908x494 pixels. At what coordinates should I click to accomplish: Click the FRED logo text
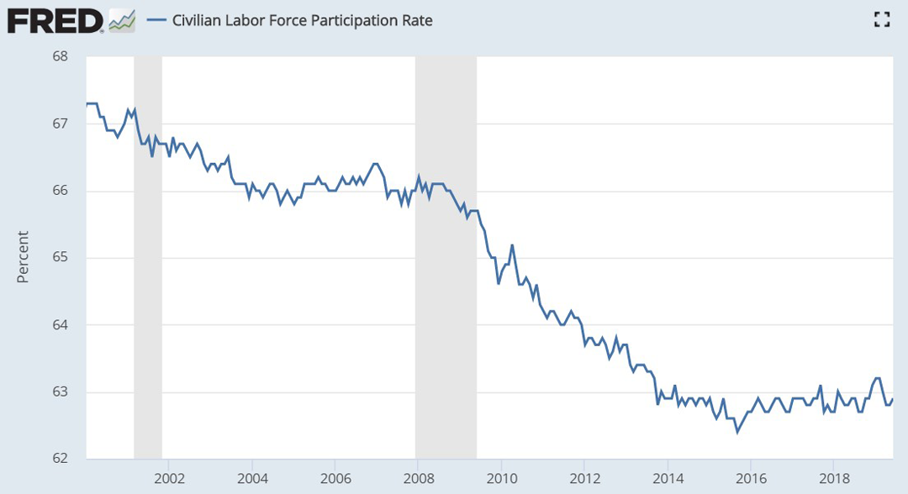coord(55,20)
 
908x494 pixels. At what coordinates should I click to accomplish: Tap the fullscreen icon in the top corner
coord(881,20)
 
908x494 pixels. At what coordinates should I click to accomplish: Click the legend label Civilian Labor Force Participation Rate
coord(302,20)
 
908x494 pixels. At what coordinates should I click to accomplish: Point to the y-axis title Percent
coord(23,257)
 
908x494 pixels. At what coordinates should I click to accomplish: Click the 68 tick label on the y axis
coord(60,56)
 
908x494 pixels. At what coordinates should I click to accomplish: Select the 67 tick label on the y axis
coord(60,123)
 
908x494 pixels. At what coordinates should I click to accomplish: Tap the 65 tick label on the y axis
coord(60,257)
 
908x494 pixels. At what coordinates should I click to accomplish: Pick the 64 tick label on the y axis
coord(60,324)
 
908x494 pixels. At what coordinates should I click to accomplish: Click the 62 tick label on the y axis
coord(60,459)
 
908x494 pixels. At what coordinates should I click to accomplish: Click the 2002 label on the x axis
coord(169,476)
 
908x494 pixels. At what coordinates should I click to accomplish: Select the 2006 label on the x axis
coord(335,476)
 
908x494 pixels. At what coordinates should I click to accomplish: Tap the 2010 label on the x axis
coord(501,476)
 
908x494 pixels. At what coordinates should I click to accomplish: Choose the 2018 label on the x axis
coord(833,476)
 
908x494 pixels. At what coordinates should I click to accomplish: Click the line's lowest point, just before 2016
coord(737,432)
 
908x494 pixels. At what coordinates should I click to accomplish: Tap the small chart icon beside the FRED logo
coord(122,20)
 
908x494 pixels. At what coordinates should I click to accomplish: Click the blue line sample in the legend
coord(156,20)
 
